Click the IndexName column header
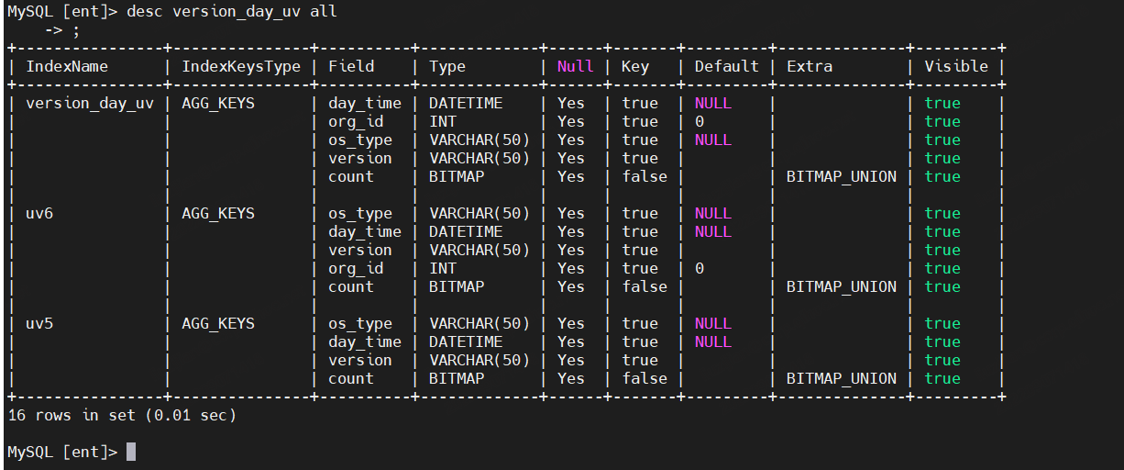pyautogui.click(x=67, y=66)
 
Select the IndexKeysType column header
pyautogui.click(x=241, y=67)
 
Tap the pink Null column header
pyautogui.click(x=575, y=66)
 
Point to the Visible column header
pyautogui.click(x=956, y=66)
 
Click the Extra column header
pyautogui.click(x=810, y=66)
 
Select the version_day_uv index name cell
pyautogui.click(x=90, y=104)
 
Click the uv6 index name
pyautogui.click(x=39, y=213)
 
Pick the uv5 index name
pyautogui.click(x=39, y=323)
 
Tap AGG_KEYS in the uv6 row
pyautogui.click(x=218, y=214)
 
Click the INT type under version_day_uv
pyautogui.click(x=443, y=122)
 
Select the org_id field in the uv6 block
pyautogui.click(x=356, y=269)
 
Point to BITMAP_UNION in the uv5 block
pyautogui.click(x=841, y=378)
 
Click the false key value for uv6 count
pyautogui.click(x=645, y=286)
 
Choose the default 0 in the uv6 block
pyautogui.click(x=700, y=268)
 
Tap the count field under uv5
pyautogui.click(x=351, y=378)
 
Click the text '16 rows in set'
pyautogui.click(x=72, y=415)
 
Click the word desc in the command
pyautogui.click(x=145, y=11)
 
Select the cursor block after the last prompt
pyautogui.click(x=131, y=452)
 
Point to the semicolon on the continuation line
pyautogui.click(x=76, y=31)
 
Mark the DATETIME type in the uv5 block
pyautogui.click(x=466, y=341)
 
